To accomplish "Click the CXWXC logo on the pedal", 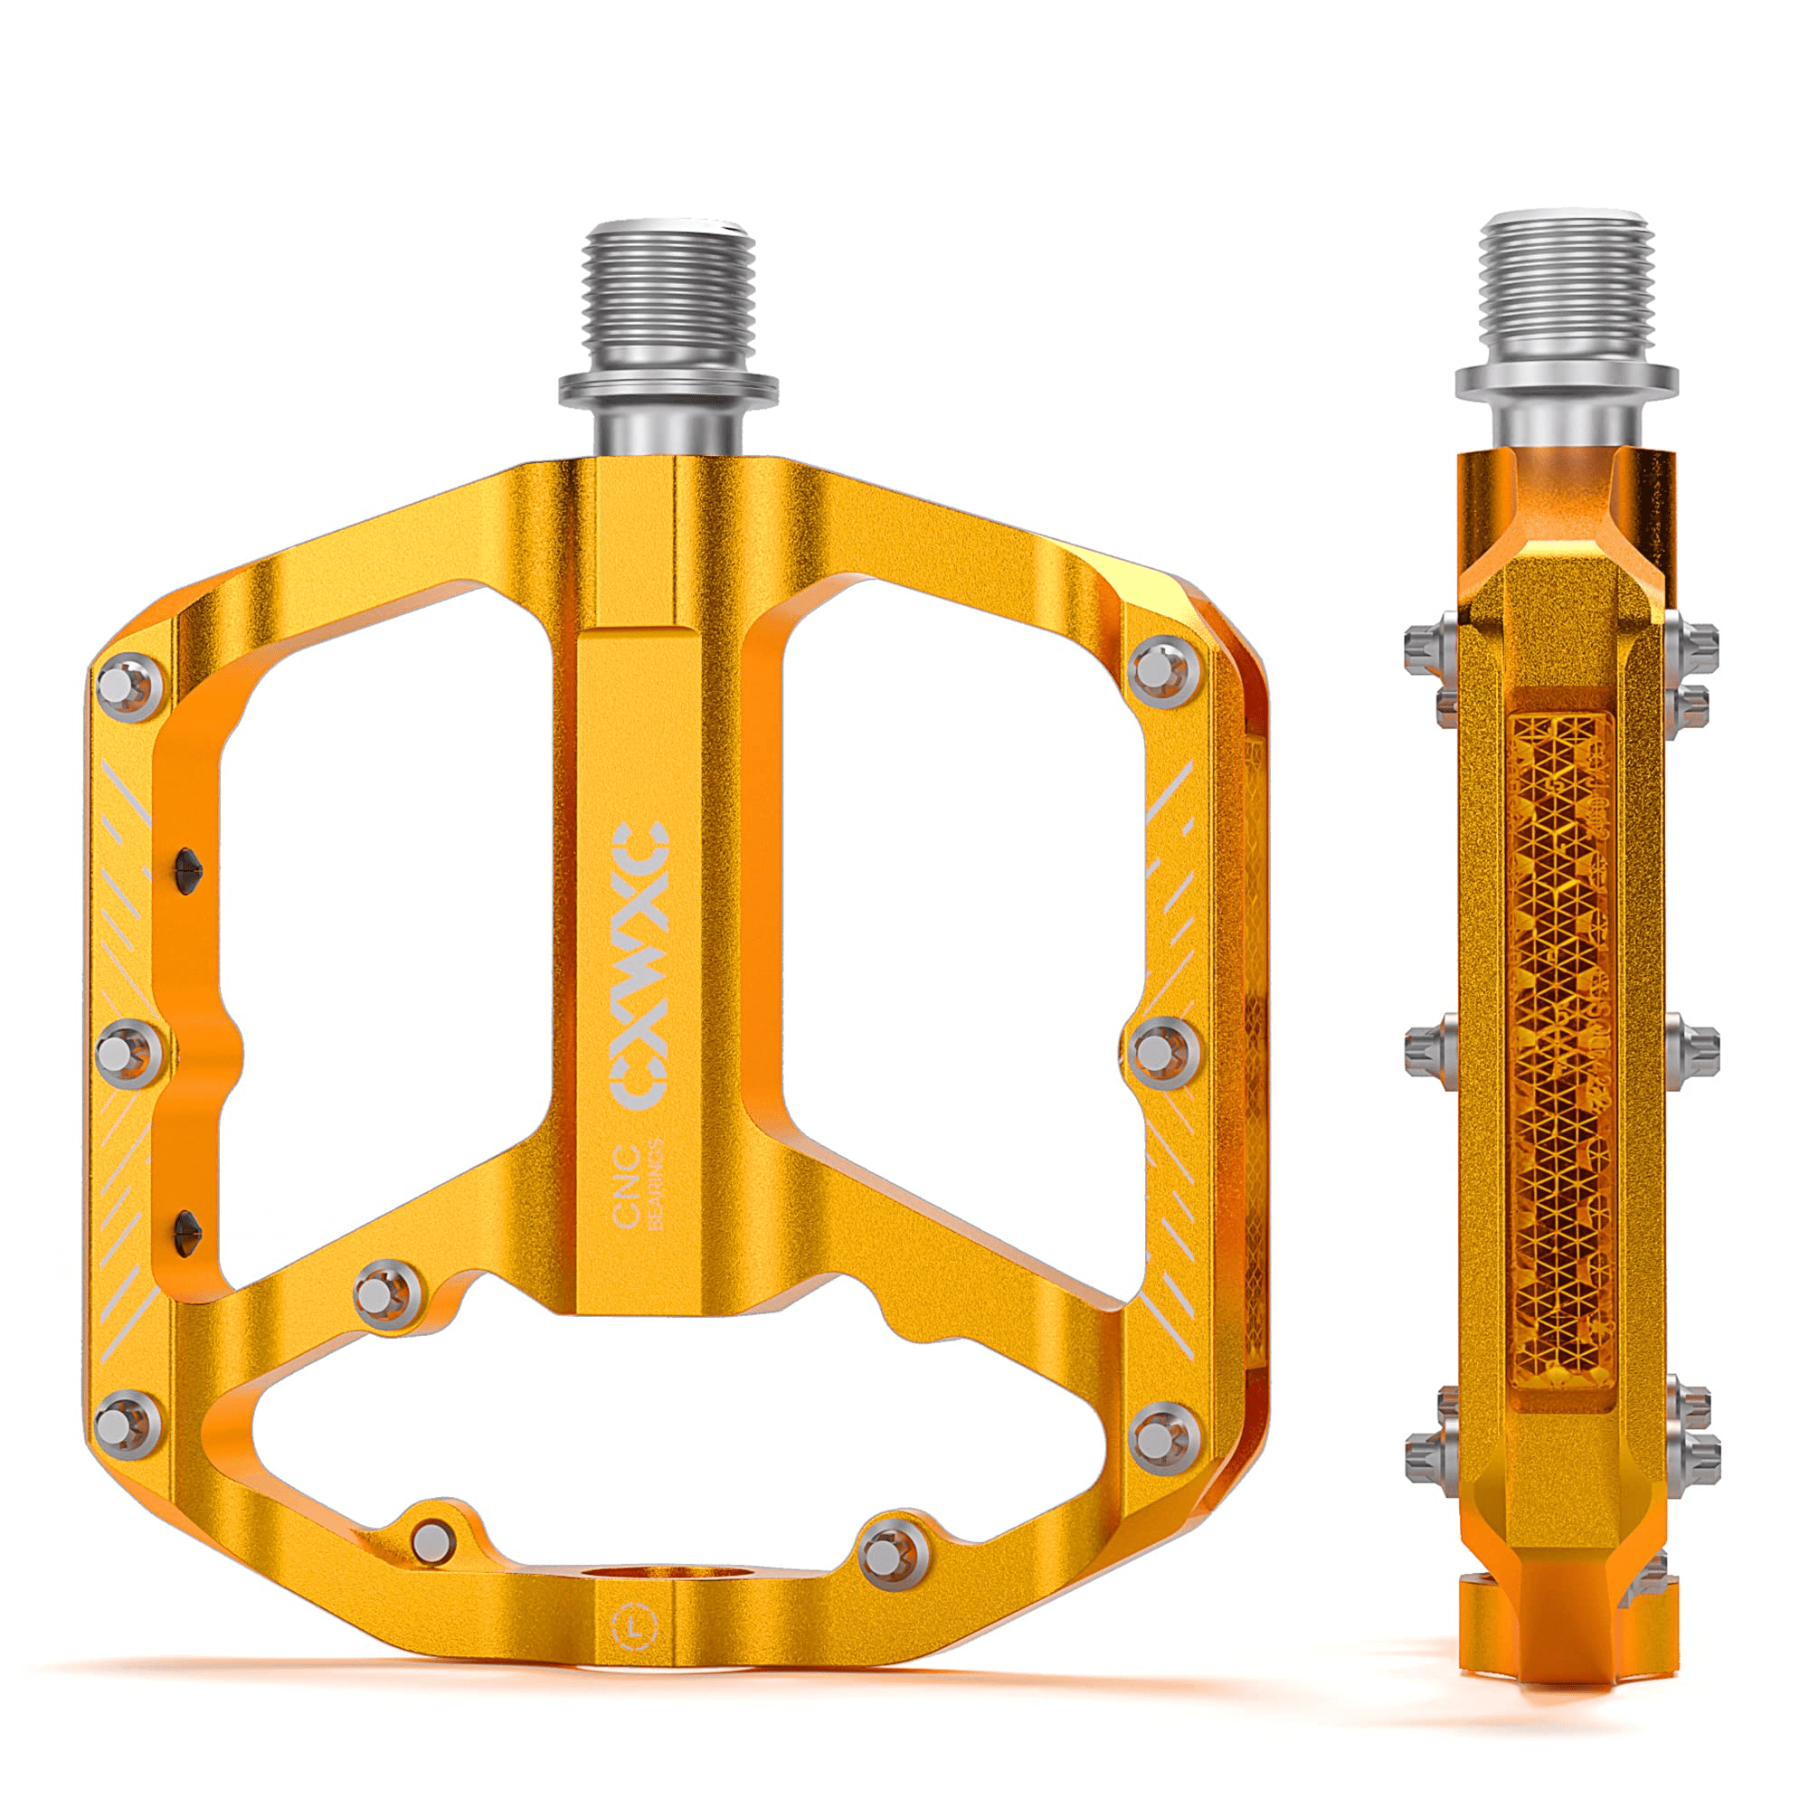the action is coord(640,965).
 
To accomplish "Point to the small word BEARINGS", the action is coord(656,1185).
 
